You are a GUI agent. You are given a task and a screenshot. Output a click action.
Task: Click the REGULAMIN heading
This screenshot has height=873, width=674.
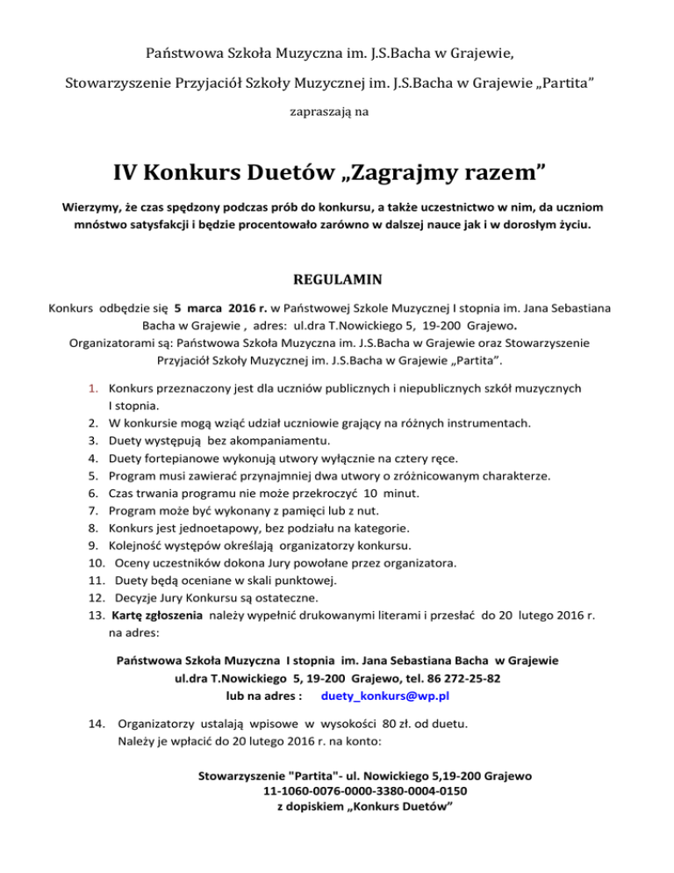336,283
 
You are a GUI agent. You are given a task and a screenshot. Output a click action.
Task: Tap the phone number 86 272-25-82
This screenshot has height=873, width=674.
450,677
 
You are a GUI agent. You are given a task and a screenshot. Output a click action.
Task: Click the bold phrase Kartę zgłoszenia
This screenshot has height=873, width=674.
158,616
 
